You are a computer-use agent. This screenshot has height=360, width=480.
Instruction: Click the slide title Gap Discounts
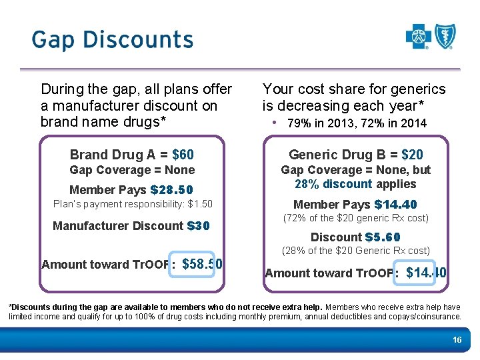pos(112,40)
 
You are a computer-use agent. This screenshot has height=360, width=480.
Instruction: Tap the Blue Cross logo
pos(419,37)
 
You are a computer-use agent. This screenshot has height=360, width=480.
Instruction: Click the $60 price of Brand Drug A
pos(183,155)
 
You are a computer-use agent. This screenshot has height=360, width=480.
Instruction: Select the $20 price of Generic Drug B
pos(412,155)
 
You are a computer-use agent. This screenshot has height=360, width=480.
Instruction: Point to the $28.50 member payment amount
pos(172,190)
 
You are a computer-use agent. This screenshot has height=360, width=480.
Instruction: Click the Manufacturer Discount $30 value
pos(199,226)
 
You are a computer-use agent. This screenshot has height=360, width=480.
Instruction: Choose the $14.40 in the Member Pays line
pos(395,205)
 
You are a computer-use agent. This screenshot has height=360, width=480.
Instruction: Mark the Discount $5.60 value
pos(383,237)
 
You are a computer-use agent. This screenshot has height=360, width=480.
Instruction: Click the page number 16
pos(457,340)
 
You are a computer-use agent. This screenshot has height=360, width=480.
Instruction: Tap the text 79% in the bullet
pos(298,123)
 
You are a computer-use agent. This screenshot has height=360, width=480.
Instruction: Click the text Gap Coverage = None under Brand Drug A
pos(132,171)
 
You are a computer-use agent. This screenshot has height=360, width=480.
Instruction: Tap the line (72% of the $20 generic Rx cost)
pos(355,218)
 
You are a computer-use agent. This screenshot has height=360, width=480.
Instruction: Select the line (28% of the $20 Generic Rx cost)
pos(355,251)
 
